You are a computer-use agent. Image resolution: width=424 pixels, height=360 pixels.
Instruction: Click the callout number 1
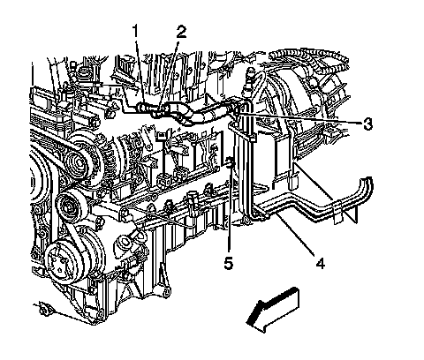tap(135, 31)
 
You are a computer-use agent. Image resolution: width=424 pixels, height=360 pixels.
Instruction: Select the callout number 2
tap(181, 32)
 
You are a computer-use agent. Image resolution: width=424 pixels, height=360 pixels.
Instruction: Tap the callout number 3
tap(367, 124)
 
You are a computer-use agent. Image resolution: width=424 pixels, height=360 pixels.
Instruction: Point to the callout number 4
tap(321, 262)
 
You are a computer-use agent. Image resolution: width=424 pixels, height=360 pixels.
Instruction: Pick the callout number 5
tap(228, 263)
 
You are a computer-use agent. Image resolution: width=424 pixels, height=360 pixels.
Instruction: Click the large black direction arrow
tap(272, 311)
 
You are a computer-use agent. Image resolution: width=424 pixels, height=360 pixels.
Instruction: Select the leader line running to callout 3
tap(299, 117)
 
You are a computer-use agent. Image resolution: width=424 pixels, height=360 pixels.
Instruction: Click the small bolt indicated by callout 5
tap(230, 161)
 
